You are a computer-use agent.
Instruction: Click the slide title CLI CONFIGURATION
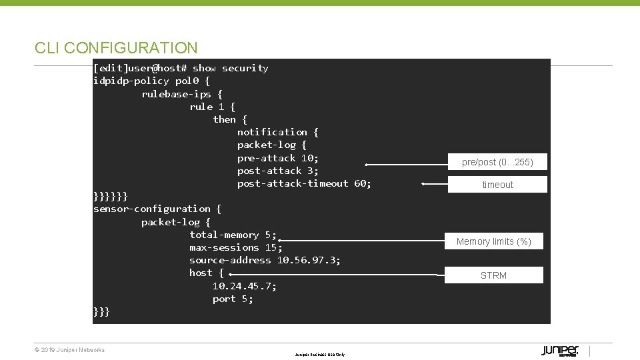coord(116,48)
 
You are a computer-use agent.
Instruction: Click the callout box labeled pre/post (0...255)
coord(497,162)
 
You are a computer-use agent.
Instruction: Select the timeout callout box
coord(497,185)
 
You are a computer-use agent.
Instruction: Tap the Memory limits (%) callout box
coord(493,241)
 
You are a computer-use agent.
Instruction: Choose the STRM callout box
coord(493,275)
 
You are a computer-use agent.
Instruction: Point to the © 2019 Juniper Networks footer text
coord(69,350)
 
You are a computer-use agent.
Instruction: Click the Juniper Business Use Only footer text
coord(320,355)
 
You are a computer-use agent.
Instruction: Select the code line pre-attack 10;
coord(278,158)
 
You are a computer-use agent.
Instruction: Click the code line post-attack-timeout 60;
coord(304,183)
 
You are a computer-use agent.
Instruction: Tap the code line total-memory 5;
coord(233,235)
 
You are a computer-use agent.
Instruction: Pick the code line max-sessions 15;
coord(235,247)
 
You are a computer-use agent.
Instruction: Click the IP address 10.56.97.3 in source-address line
coord(308,260)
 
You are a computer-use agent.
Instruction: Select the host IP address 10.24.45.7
coord(244,286)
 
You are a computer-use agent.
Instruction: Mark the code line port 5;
coord(233,299)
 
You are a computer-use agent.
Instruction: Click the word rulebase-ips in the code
coord(176,94)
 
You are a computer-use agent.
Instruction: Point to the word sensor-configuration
coord(151,209)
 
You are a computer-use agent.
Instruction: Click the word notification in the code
coord(272,132)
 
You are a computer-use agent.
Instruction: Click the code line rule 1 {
coord(212,107)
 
